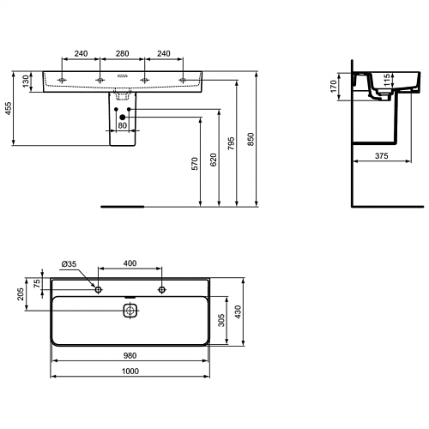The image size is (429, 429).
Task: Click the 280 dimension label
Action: click(x=122, y=53)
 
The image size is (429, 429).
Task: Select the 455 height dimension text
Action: click(x=9, y=108)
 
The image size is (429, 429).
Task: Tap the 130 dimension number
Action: click(x=26, y=82)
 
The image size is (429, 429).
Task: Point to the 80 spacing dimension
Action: click(x=123, y=125)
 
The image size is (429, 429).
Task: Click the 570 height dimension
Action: click(x=195, y=164)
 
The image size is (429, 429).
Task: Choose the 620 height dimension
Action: click(x=214, y=160)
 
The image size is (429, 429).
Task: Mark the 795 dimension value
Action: click(x=231, y=143)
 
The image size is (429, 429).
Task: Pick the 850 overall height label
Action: click(x=251, y=139)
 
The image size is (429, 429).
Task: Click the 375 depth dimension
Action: click(x=382, y=156)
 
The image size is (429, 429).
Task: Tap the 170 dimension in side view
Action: click(x=333, y=87)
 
